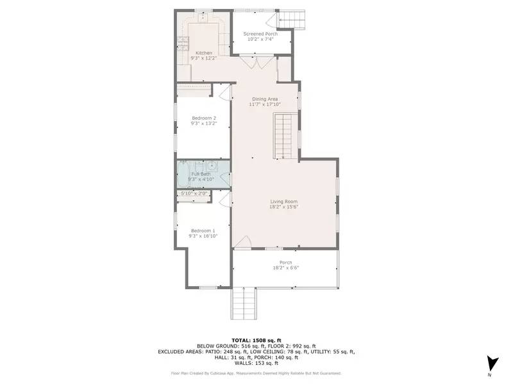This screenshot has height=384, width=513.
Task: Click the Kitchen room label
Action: point(203,52)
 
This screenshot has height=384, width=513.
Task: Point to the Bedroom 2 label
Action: point(203,118)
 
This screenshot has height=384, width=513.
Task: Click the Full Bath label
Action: point(201,174)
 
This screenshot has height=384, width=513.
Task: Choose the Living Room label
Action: point(283,202)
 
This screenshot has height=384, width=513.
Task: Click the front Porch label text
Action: point(286,262)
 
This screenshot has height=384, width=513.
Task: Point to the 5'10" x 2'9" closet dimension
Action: point(193,193)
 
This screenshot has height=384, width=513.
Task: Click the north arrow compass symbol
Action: point(491,363)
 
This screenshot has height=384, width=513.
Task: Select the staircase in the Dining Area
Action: point(285,136)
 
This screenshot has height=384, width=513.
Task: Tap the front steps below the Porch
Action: point(243,303)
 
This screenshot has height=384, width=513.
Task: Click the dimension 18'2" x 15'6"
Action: point(283,207)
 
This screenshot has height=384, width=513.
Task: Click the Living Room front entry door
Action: point(241,243)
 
